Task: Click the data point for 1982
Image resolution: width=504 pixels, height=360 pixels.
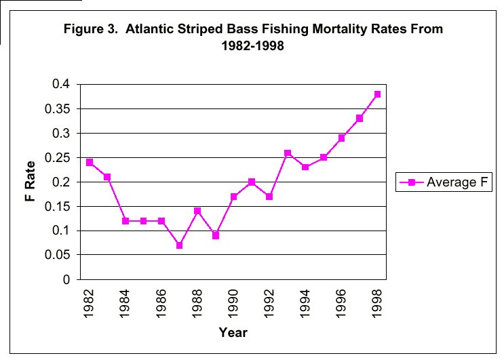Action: coord(90,163)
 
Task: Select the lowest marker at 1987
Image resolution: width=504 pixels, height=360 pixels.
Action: coord(179,245)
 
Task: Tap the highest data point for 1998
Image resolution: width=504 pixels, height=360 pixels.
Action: coord(377,94)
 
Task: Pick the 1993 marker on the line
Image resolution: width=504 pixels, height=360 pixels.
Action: coord(288,153)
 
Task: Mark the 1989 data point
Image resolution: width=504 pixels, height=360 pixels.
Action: coord(216,235)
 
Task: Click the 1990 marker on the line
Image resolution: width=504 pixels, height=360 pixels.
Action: coord(233,197)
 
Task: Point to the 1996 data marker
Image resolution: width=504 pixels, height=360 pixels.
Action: coord(342,138)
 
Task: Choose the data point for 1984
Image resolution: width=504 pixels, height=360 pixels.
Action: coord(125,221)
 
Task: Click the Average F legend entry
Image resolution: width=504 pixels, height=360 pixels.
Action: coord(444,182)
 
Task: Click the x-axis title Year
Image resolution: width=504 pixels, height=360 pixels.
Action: coord(233,332)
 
